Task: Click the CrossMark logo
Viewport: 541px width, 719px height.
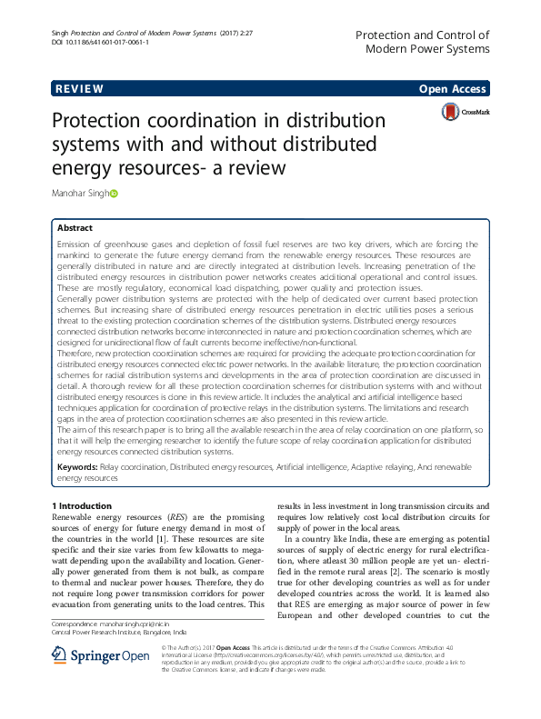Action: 465,112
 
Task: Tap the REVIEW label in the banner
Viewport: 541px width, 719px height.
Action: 79,89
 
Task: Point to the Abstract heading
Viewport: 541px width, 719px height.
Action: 75,228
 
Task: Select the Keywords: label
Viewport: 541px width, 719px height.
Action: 79,466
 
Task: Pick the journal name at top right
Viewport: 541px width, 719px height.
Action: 423,41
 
